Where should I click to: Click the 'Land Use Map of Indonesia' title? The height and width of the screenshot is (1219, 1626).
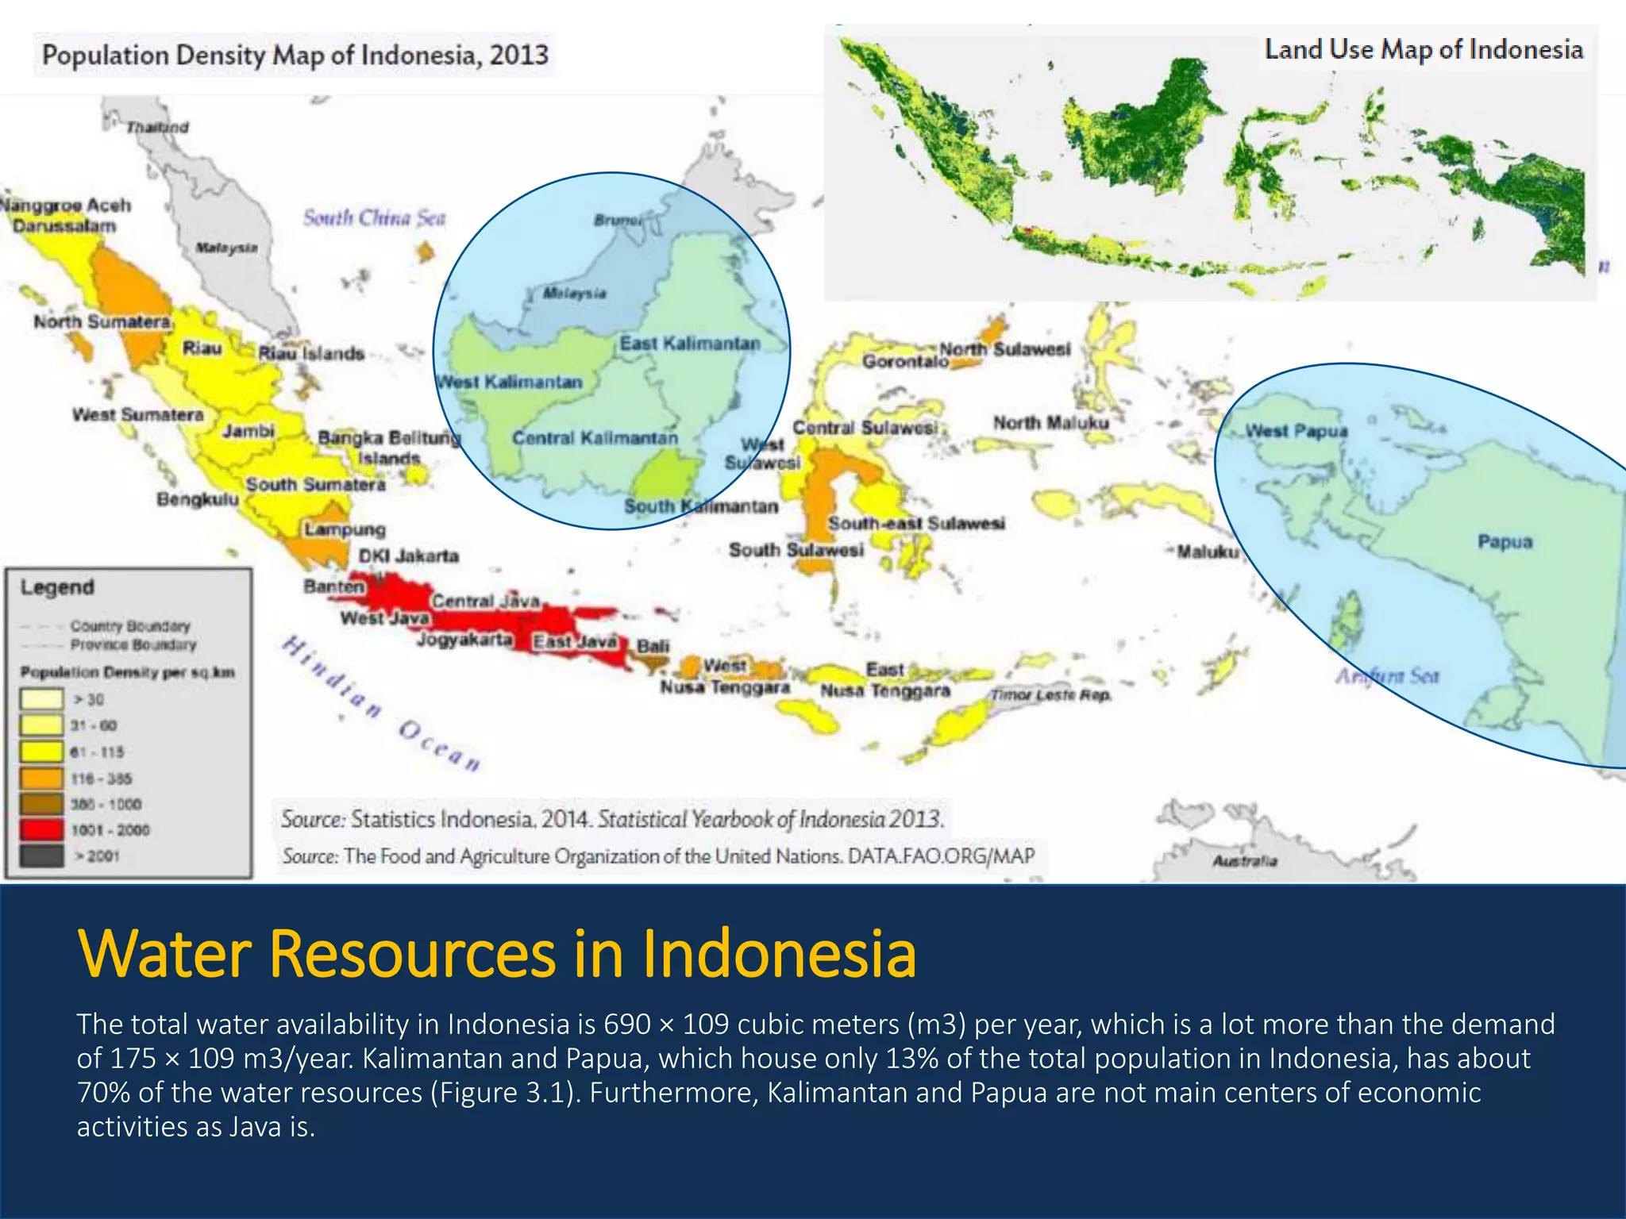(x=1423, y=50)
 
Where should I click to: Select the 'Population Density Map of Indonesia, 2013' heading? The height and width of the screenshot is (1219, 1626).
(x=295, y=56)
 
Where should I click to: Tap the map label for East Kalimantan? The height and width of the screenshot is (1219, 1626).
(x=689, y=344)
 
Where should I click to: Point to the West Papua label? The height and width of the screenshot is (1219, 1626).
(x=1296, y=431)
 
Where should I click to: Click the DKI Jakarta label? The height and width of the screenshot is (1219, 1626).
(x=408, y=556)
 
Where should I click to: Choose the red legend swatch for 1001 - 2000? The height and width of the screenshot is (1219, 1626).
(x=42, y=830)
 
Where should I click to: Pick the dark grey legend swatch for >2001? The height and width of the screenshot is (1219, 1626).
(x=42, y=856)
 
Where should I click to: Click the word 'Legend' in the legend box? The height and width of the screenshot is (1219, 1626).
(x=57, y=587)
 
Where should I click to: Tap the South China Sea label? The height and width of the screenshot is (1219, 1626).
(x=374, y=217)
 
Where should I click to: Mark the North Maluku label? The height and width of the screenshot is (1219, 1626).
(x=1050, y=423)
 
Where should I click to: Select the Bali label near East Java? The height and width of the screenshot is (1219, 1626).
(x=653, y=646)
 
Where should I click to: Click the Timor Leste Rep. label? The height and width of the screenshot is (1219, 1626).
(x=1050, y=695)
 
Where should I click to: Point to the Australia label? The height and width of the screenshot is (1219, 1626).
(x=1244, y=861)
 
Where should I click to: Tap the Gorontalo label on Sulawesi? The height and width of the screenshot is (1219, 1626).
(x=905, y=362)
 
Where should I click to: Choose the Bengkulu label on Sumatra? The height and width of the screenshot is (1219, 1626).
(x=197, y=500)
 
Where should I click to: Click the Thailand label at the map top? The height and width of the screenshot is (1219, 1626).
(x=157, y=127)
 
